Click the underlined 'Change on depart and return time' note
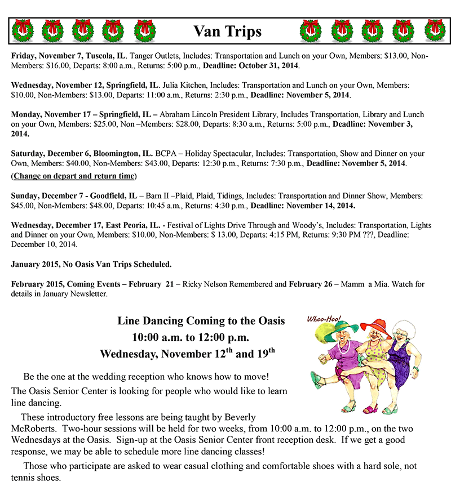click(74, 176)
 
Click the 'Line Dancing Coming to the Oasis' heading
click(201, 321)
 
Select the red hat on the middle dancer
click(375, 327)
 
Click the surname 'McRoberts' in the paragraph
click(33, 426)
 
